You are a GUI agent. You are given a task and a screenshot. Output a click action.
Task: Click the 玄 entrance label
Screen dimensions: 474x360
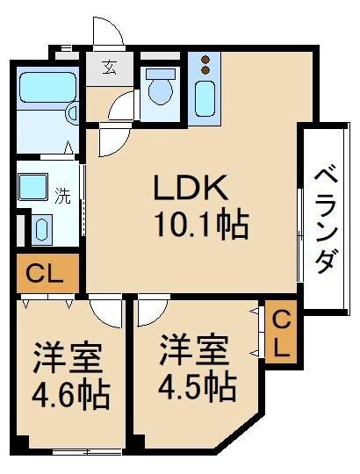pos(109,68)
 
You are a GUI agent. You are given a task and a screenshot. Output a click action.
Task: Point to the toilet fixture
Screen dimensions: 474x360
pos(160,89)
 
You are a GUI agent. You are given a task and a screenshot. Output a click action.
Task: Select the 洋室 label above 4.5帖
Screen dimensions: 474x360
pos(194,350)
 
